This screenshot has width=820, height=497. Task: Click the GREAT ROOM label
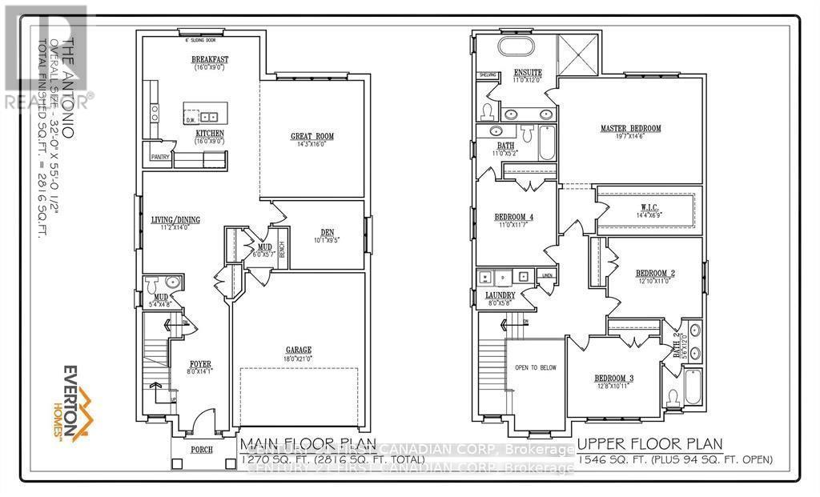tap(312, 137)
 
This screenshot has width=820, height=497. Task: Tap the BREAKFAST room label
tap(210, 60)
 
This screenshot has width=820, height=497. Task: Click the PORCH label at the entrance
tap(201, 450)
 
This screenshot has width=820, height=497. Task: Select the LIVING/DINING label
tap(175, 219)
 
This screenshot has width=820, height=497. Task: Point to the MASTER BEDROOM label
tap(630, 128)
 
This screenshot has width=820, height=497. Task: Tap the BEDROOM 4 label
tap(514, 217)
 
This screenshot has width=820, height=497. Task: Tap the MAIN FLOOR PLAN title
tap(292, 443)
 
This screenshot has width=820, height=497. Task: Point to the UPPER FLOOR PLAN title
tap(649, 443)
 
